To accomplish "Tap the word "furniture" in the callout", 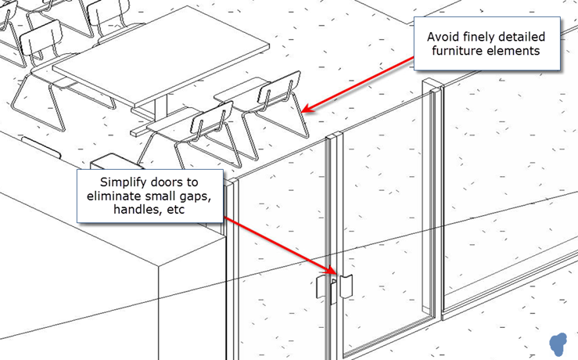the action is pyautogui.click(x=457, y=51).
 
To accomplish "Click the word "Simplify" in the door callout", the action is pyautogui.click(x=123, y=182).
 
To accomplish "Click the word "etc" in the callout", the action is pyautogui.click(x=175, y=210).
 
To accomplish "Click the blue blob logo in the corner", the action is pyautogui.click(x=558, y=344).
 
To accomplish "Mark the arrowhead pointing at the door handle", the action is pyautogui.click(x=332, y=270).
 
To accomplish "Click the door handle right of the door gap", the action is pyautogui.click(x=346, y=286).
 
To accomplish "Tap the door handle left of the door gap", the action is pyautogui.click(x=321, y=287).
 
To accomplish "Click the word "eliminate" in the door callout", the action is pyautogui.click(x=113, y=196).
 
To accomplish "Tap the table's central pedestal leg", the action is pyautogui.click(x=160, y=107).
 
